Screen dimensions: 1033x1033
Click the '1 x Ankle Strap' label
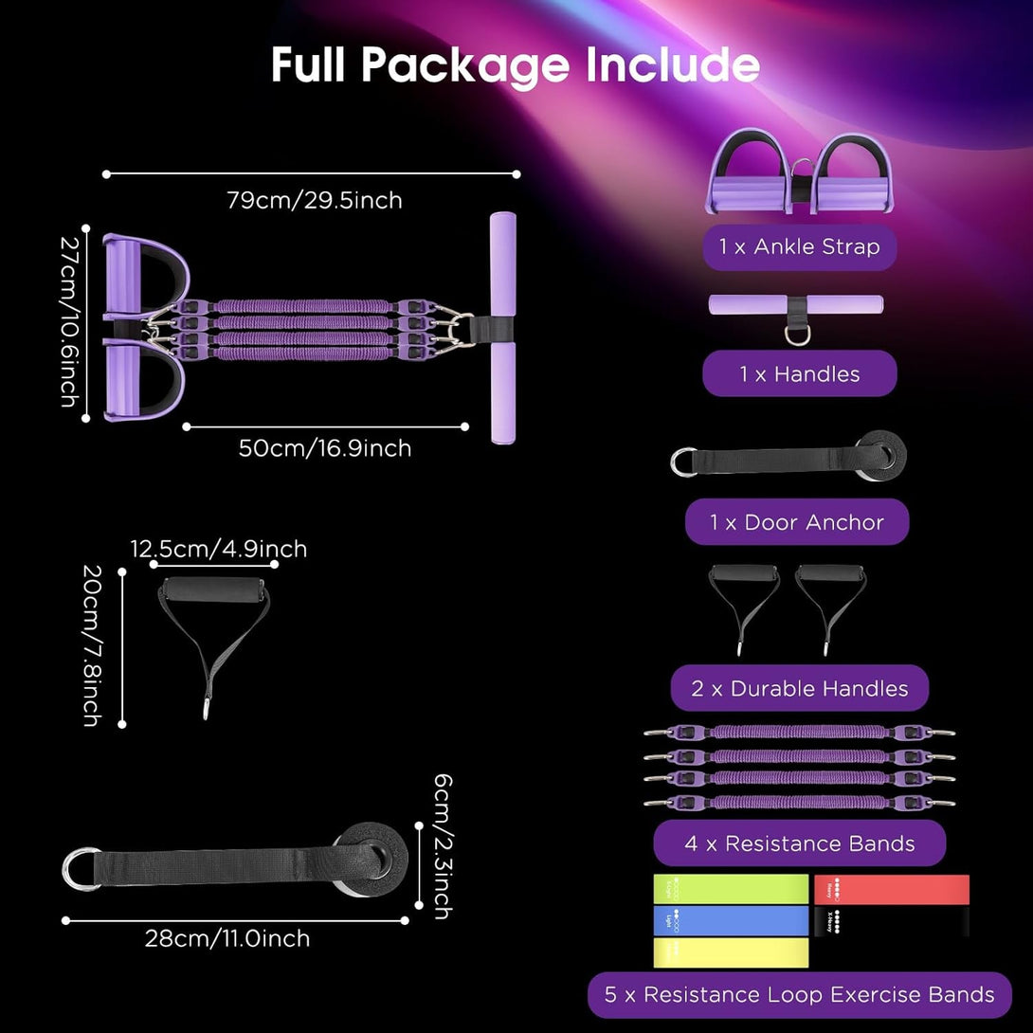point(799,247)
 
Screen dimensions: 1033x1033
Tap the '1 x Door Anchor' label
point(797,522)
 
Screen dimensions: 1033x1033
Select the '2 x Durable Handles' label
point(800,689)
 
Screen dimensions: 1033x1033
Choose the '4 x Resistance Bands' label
point(800,843)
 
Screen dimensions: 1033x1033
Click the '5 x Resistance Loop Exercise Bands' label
point(800,995)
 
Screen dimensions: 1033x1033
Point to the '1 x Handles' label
point(800,374)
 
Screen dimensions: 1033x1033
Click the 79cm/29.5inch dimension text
point(314,200)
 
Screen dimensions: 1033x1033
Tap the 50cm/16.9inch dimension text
point(325,448)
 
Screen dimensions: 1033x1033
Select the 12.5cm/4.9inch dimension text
point(218,549)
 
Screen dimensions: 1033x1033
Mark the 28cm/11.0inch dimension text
point(227,939)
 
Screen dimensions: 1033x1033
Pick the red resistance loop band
point(892,889)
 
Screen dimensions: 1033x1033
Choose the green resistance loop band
point(731,889)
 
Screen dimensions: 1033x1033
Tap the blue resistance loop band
point(731,921)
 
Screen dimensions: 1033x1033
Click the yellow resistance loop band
point(731,952)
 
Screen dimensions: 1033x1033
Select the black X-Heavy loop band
point(892,921)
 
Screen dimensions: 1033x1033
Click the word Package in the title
point(468,64)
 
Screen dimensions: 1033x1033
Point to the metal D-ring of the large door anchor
point(80,868)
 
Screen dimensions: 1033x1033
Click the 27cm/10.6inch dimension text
point(68,322)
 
